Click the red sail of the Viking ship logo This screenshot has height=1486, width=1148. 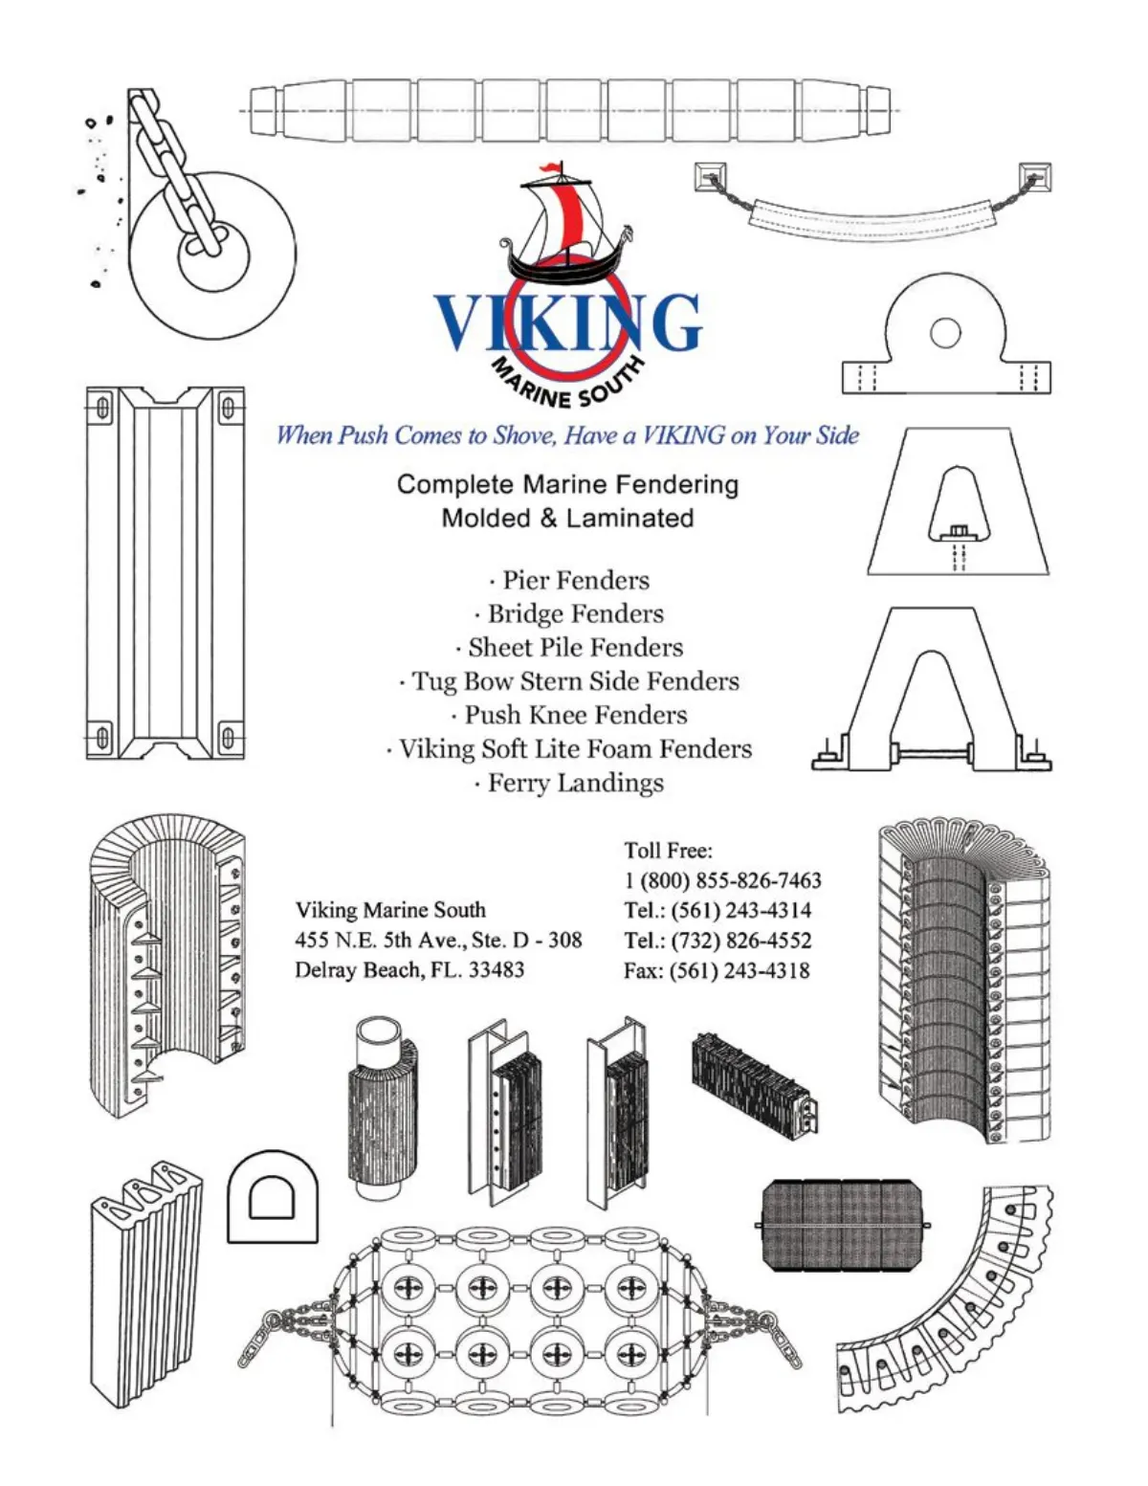click(x=568, y=219)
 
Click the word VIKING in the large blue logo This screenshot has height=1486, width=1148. click(x=568, y=322)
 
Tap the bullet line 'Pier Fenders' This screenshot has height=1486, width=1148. click(x=569, y=581)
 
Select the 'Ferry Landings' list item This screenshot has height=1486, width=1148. click(x=569, y=783)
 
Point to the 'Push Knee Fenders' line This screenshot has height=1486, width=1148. click(x=569, y=716)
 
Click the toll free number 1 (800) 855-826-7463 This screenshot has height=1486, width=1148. click(x=722, y=880)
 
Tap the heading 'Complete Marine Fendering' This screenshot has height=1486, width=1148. click(x=568, y=485)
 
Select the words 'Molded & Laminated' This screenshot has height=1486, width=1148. click(x=568, y=519)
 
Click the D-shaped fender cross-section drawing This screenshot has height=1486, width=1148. click(x=273, y=1196)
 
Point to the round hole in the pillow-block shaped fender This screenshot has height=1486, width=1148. click(x=945, y=332)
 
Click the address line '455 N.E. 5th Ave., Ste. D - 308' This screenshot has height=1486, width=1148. click(x=439, y=941)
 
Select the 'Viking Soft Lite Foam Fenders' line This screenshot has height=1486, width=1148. click(x=569, y=749)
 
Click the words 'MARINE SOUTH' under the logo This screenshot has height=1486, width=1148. click(x=567, y=383)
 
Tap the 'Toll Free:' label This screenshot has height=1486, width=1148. click(x=668, y=851)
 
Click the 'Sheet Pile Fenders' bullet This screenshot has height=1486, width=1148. click(x=569, y=648)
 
